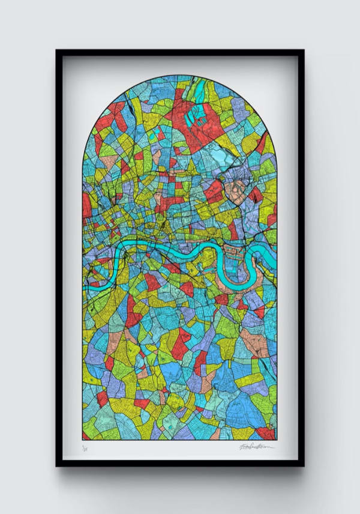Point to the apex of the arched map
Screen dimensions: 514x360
click(x=179, y=75)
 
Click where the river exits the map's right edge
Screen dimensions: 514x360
click(x=275, y=255)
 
